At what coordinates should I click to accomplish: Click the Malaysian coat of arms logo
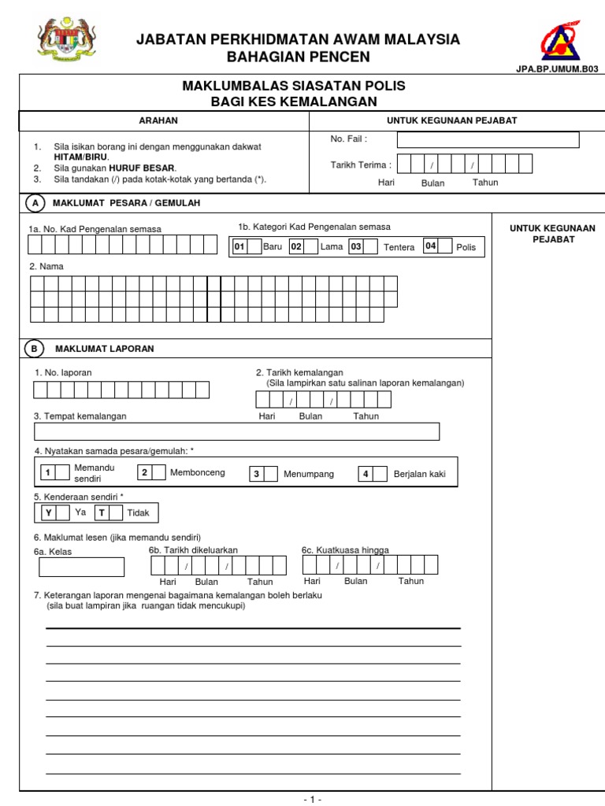coord(66,40)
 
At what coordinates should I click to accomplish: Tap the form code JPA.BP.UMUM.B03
coord(556,69)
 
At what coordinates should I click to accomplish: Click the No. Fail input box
coord(488,140)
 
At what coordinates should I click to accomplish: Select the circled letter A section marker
coord(35,203)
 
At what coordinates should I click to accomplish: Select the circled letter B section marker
coord(35,348)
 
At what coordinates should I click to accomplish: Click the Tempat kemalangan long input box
coord(236,431)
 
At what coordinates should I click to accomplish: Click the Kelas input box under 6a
coord(76,567)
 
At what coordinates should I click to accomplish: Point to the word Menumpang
coord(309,474)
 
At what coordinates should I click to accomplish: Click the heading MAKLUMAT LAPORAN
coord(105,349)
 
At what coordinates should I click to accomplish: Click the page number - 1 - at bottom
coord(312,799)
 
